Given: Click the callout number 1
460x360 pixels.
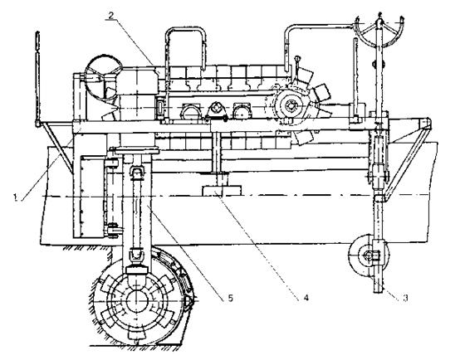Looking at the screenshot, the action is point(15,197).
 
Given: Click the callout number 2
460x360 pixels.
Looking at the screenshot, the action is point(111,15).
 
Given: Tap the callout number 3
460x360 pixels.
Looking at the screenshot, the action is point(405,298).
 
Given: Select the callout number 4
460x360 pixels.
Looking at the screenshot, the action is point(306,298).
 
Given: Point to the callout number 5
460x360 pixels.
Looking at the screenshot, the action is point(230,298).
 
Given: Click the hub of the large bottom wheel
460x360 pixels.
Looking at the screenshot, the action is point(137,301).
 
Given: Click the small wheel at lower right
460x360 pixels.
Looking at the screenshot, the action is point(368,255).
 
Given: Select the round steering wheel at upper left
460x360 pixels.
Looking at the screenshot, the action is point(103,76).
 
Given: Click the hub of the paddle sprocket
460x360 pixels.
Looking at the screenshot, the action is point(291,105).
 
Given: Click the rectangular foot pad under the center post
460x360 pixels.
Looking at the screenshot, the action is point(222,191).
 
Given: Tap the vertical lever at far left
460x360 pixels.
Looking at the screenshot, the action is point(37,79).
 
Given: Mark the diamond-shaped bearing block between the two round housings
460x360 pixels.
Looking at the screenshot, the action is point(216,110).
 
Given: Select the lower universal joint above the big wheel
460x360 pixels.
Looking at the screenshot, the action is point(135,255).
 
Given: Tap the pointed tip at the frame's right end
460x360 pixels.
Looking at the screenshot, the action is point(430,121).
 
